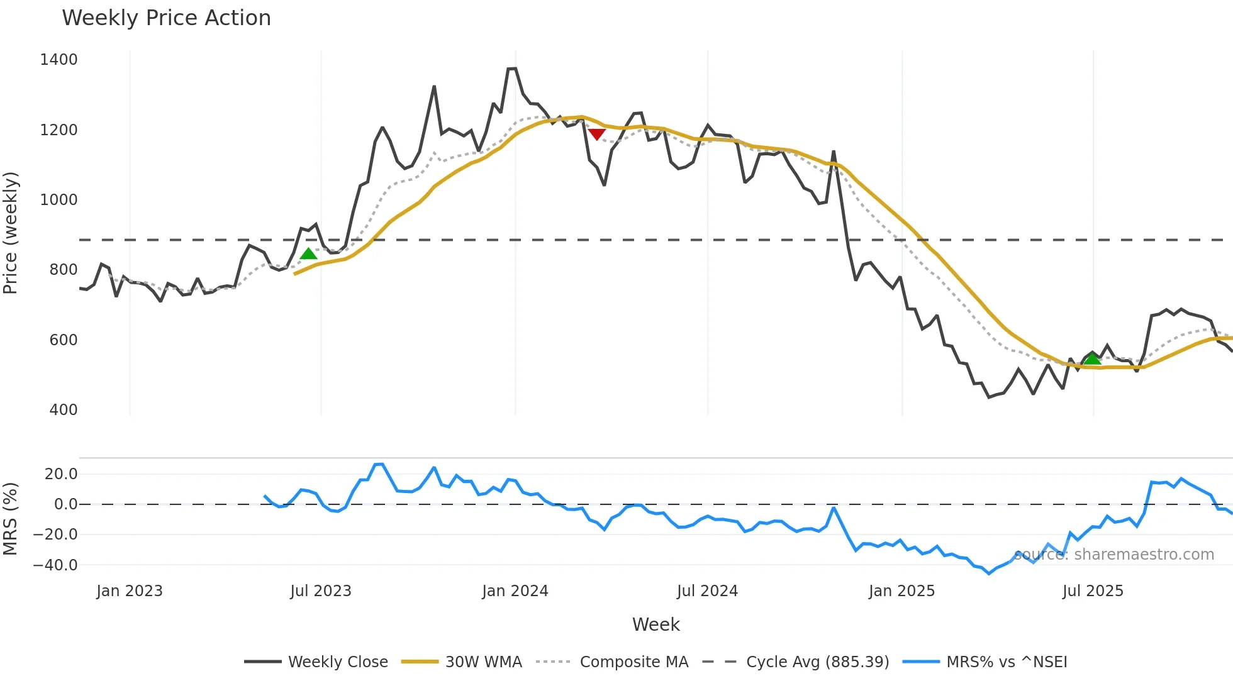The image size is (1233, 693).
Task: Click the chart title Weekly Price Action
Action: point(166,18)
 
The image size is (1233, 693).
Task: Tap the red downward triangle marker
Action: point(596,134)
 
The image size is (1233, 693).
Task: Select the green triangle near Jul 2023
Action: point(308,254)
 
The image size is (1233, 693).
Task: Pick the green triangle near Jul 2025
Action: point(1092,359)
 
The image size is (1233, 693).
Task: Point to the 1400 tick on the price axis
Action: point(59,60)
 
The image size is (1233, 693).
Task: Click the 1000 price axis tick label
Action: point(59,200)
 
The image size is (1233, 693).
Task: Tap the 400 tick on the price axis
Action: point(63,410)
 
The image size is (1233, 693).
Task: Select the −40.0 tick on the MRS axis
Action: point(55,565)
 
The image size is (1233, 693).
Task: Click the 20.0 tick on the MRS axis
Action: point(61,474)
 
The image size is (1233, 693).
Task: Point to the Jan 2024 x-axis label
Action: point(515,591)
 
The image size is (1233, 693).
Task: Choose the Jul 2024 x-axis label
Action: point(707,591)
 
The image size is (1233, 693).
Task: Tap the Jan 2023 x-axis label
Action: point(130,591)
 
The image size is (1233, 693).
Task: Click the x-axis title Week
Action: point(656,624)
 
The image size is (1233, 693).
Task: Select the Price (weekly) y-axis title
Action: point(11,233)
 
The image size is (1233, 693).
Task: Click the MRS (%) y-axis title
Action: point(11,519)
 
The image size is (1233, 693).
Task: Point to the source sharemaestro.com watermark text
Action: point(1113,555)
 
